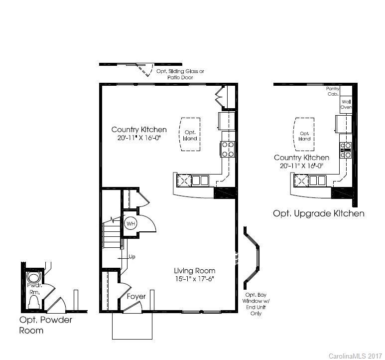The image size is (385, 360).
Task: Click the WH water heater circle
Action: [131, 223]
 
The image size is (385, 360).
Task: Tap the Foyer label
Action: [136, 296]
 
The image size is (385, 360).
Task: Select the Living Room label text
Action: [194, 270]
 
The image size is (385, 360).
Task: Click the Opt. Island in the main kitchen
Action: [190, 135]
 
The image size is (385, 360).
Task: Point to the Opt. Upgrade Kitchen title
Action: [318, 213]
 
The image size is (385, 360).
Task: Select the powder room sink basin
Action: [33, 277]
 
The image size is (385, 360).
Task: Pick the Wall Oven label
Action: [346, 104]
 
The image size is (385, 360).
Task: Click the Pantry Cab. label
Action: [333, 91]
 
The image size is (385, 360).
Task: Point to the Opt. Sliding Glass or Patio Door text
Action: [180, 74]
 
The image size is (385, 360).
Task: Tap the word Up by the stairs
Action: [132, 257]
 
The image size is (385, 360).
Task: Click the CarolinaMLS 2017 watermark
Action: [356, 355]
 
